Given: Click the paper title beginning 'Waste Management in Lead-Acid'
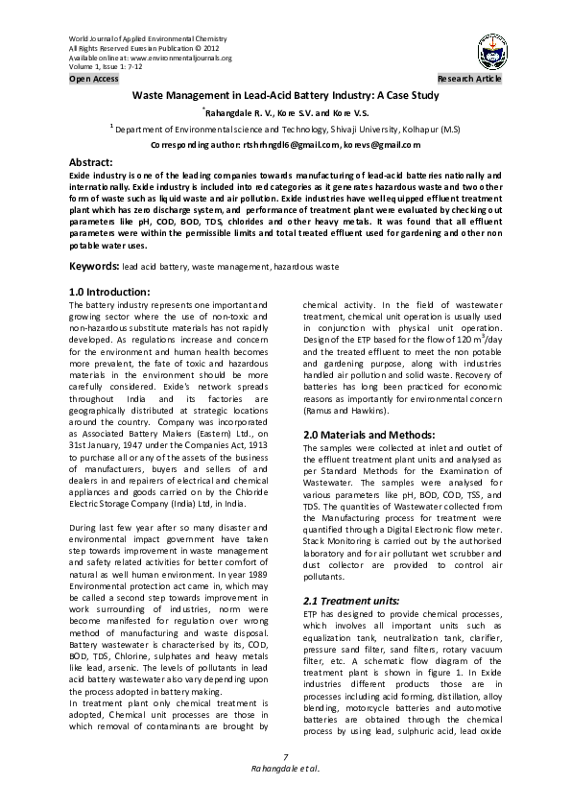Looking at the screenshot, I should [x=285, y=95].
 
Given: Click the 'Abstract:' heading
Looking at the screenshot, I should [x=92, y=164].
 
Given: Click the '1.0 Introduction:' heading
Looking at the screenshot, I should [x=109, y=292].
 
